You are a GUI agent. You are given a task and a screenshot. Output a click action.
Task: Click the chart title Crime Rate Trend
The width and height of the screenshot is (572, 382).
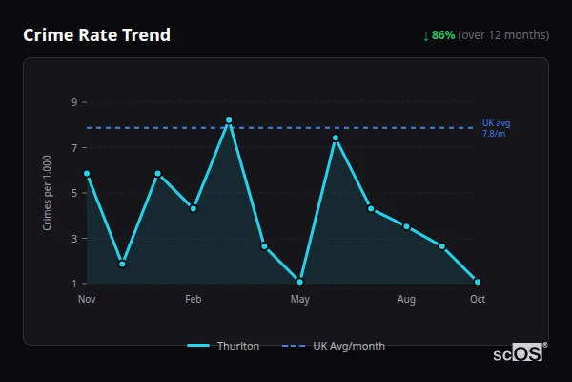click(96, 35)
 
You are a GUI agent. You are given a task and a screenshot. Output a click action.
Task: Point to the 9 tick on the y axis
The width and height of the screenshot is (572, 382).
click(73, 102)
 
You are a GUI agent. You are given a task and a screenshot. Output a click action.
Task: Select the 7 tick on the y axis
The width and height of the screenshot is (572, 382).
click(73, 147)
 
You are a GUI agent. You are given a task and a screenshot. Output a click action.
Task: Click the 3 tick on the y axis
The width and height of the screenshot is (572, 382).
click(73, 238)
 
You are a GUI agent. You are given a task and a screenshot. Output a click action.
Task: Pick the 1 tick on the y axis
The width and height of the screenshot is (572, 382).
click(73, 283)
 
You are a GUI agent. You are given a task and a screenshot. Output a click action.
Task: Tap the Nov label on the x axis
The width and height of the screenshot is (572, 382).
click(87, 300)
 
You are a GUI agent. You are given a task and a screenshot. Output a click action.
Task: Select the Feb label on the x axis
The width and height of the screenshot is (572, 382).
click(194, 300)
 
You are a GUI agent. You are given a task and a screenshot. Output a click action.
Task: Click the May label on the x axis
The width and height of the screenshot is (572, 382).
click(300, 300)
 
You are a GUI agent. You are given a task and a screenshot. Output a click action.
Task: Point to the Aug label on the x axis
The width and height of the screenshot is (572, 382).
click(406, 300)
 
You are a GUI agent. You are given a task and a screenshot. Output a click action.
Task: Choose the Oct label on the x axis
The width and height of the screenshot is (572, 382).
click(478, 300)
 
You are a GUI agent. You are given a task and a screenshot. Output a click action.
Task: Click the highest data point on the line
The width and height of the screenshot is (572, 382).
click(229, 120)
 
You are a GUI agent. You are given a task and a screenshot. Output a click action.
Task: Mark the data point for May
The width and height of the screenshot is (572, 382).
click(300, 282)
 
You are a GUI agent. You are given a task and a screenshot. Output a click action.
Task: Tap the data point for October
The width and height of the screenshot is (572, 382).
click(478, 282)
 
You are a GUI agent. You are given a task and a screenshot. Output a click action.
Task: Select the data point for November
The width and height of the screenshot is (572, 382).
click(87, 174)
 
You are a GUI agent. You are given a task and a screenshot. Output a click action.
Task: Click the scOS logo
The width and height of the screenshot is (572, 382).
click(518, 353)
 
